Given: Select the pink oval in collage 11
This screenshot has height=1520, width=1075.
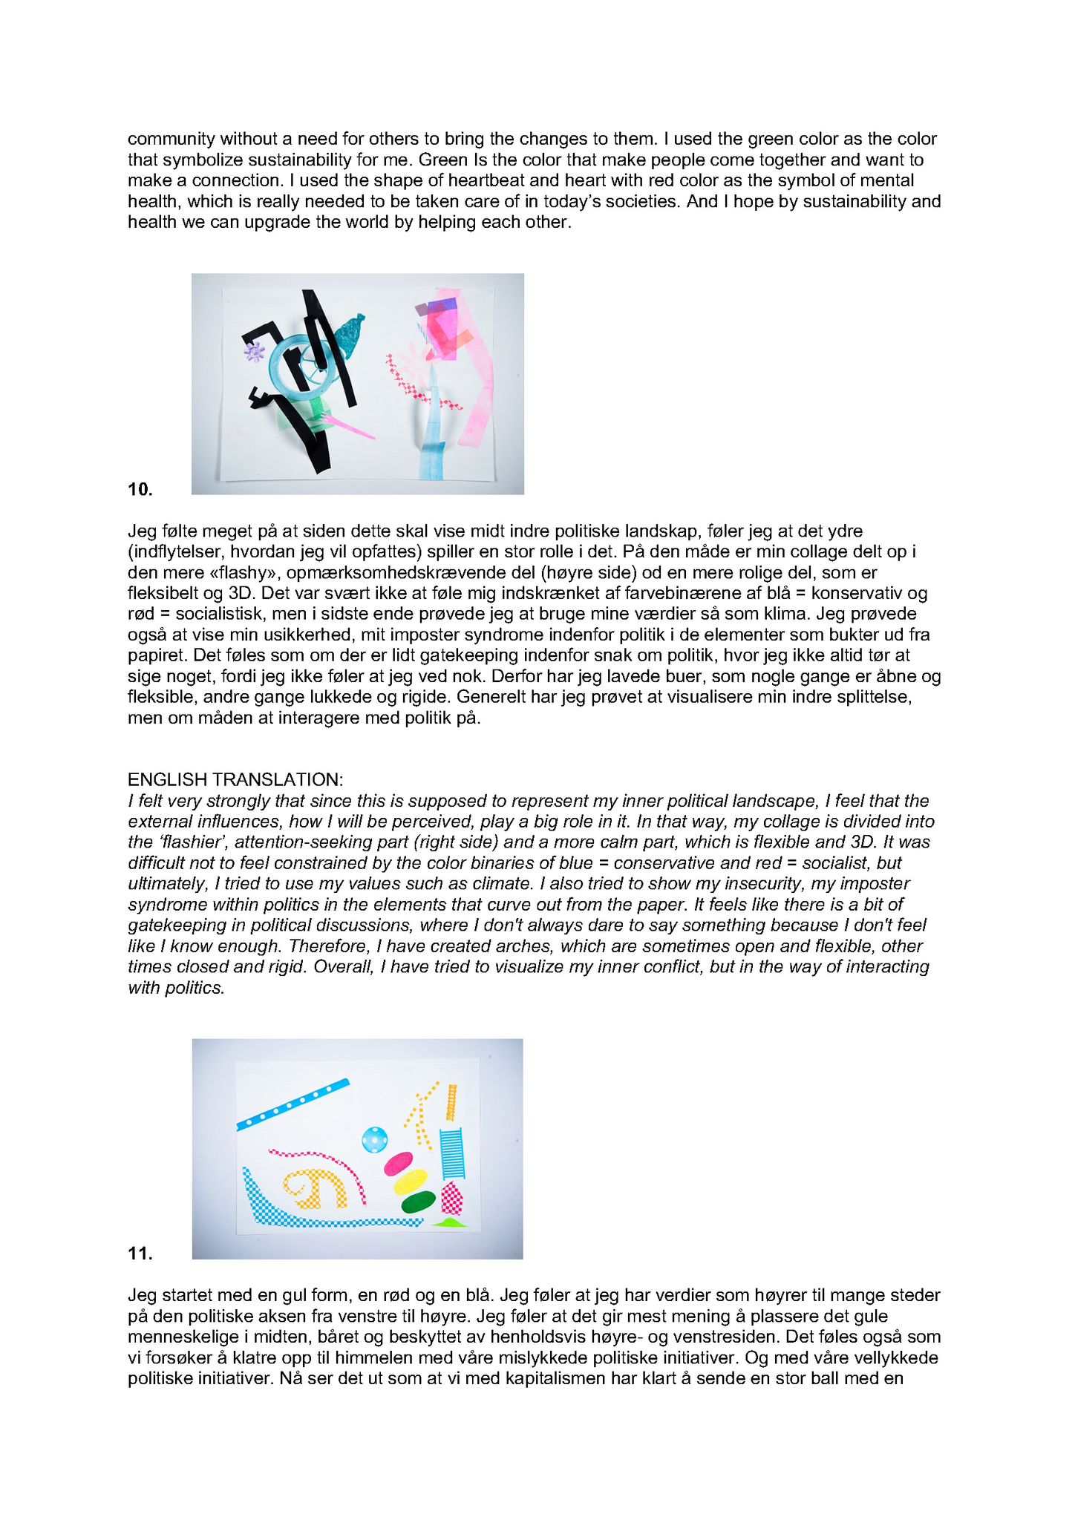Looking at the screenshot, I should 398,1162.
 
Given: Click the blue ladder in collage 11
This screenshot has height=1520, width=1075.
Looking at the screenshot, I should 452,1153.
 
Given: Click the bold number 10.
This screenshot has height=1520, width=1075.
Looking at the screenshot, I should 140,489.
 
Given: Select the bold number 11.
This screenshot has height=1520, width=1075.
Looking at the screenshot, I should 140,1254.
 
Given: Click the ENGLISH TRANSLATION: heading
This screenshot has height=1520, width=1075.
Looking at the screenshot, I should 235,779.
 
